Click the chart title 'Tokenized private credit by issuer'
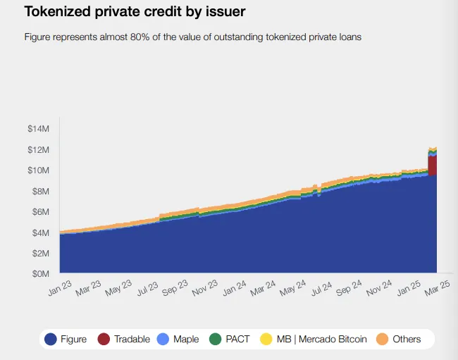coord(135,12)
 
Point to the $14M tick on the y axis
coord(38,129)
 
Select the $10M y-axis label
coord(38,170)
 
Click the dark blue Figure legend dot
coord(51,340)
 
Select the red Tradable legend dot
coord(104,340)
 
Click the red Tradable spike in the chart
coord(433,165)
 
